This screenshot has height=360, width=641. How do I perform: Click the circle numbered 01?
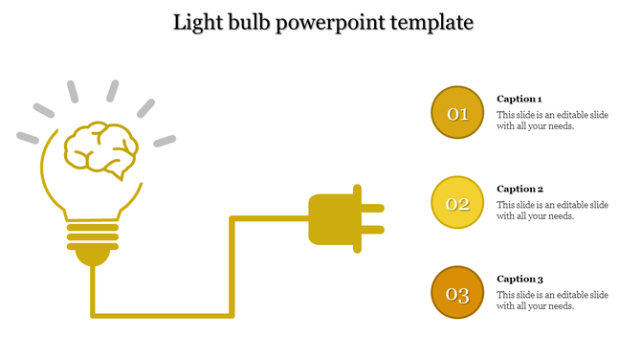[457, 113]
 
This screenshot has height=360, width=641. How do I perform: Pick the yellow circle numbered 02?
[457, 203]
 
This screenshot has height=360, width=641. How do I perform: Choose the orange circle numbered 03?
[457, 293]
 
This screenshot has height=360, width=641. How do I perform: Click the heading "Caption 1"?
[519, 99]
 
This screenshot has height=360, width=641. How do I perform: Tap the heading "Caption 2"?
[519, 189]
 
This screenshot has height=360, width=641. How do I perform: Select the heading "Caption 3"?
[519, 279]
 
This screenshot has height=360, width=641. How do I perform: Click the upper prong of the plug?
[372, 207]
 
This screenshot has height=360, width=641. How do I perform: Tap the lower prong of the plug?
[372, 230]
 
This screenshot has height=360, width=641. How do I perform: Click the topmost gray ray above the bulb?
[112, 91]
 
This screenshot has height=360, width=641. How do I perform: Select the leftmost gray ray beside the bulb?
[28, 138]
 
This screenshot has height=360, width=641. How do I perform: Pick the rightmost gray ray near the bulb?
[166, 141]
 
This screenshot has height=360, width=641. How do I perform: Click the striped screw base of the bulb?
[93, 236]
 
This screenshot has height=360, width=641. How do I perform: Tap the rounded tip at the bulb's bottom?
[93, 257]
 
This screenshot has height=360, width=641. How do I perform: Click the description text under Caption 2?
[552, 211]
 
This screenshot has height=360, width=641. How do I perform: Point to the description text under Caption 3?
[552, 301]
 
